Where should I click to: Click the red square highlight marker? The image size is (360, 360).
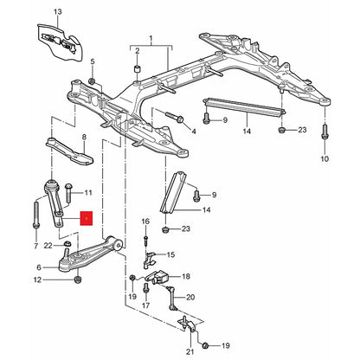(87, 218)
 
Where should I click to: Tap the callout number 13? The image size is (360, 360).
(58, 12)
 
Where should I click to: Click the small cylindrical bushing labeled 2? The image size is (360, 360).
(137, 70)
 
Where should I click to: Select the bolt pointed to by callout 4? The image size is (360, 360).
(175, 117)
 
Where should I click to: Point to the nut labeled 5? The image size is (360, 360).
(93, 81)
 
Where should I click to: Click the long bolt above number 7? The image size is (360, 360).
(36, 215)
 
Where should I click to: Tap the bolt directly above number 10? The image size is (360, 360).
(325, 132)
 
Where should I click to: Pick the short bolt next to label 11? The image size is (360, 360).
(68, 193)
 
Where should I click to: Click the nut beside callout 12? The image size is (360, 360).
(77, 280)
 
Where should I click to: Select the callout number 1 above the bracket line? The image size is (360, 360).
(151, 38)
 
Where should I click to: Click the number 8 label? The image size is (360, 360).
(84, 138)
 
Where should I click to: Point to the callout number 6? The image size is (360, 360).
(39, 267)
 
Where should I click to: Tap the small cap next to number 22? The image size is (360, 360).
(67, 243)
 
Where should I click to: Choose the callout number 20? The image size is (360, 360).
(190, 297)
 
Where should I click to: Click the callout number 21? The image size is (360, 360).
(190, 351)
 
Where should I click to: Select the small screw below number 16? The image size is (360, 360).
(145, 241)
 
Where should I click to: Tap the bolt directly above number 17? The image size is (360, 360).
(145, 288)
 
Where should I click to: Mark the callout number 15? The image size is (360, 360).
(170, 254)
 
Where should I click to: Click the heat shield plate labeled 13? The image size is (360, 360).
(60, 42)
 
